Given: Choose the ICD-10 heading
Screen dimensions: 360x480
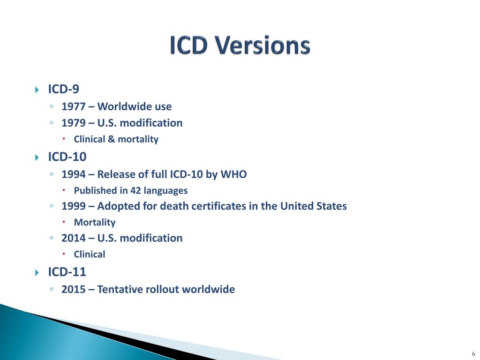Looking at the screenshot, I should click(67, 157).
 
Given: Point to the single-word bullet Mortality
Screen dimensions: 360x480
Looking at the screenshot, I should click(94, 223).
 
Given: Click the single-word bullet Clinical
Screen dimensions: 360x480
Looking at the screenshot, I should click(90, 255).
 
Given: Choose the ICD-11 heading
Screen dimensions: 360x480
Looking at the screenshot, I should click(67, 272).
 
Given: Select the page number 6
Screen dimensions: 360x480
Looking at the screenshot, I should click(473, 353).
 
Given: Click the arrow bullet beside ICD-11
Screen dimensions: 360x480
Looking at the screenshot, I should click(37, 272).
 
